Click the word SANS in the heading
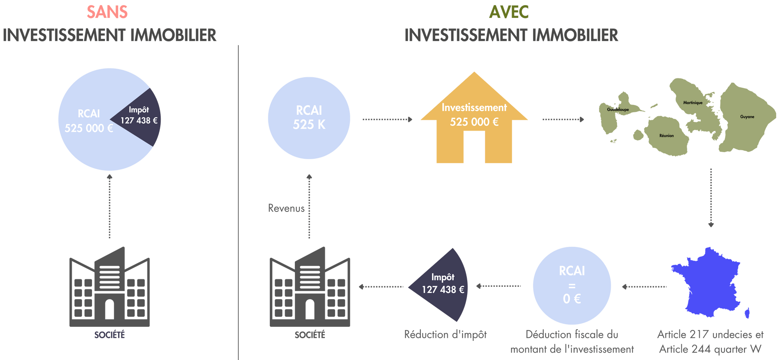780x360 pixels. pos(107,12)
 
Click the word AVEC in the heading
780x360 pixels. pos(509,12)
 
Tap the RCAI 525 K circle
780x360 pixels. pos(309,118)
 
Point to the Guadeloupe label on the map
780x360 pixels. pos(618,110)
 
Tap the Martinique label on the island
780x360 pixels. pos(693,103)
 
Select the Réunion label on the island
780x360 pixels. pos(667,136)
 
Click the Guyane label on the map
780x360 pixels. pos(747,117)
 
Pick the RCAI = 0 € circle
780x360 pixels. pos(572,286)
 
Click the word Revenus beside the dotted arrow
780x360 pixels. pos(286,208)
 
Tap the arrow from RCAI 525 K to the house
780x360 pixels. pos(387,119)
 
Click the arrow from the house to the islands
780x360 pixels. pos(563,119)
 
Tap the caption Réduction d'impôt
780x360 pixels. pos(445,335)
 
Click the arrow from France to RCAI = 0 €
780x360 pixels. pos(643,287)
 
